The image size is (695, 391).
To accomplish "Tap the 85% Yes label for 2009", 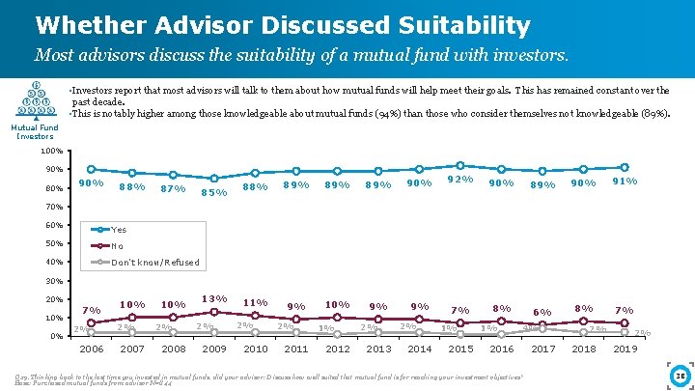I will click(x=214, y=191).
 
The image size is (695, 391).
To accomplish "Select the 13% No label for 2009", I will click(x=214, y=298).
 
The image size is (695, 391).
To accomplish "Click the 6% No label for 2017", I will click(x=542, y=312).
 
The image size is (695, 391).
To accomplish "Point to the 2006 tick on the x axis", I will click(x=91, y=349).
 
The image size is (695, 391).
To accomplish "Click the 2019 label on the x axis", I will click(x=625, y=349).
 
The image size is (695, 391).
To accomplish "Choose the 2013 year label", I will click(x=378, y=349).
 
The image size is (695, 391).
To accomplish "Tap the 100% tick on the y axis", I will click(x=53, y=152).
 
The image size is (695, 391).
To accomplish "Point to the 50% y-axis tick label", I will click(x=53, y=243).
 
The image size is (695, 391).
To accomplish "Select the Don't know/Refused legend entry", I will click(x=154, y=263).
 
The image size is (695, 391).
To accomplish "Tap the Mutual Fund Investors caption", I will click(x=35, y=131).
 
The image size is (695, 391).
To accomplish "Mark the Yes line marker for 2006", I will click(x=91, y=170).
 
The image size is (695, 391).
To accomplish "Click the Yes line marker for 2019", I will click(x=625, y=167).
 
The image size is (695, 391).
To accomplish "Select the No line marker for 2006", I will click(x=91, y=322).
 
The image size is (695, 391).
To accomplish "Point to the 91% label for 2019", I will click(x=625, y=180).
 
